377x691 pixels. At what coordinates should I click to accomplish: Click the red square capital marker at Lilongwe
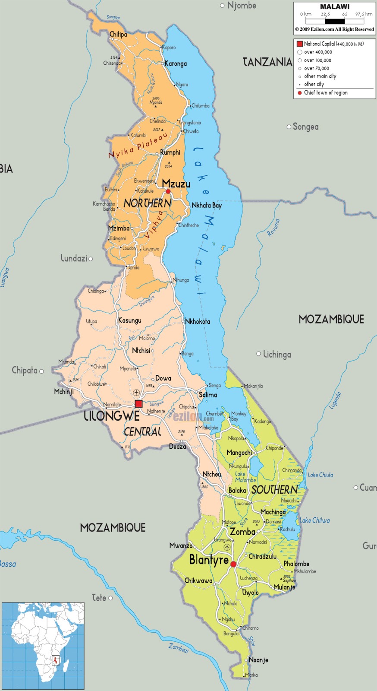click(x=138, y=404)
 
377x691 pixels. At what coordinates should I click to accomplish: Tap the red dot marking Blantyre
click(x=233, y=564)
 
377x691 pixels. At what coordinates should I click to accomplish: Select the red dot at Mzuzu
click(x=168, y=191)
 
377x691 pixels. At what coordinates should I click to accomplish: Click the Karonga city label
click(x=176, y=63)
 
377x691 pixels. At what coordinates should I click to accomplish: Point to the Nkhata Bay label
click(x=207, y=206)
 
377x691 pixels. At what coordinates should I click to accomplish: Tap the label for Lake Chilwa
click(x=315, y=520)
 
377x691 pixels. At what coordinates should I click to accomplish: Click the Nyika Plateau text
click(x=138, y=146)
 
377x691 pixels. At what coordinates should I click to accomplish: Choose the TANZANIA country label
click(x=267, y=62)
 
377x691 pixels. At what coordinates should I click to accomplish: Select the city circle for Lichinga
click(x=259, y=354)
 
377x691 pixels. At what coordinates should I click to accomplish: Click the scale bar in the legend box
click(x=335, y=21)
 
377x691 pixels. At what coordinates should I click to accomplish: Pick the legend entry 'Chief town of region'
click(x=326, y=93)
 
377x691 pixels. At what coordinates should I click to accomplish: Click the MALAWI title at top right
click(x=335, y=7)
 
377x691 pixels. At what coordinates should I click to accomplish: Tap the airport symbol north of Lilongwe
click(x=136, y=392)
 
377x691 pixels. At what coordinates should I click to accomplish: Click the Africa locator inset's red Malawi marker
click(x=55, y=660)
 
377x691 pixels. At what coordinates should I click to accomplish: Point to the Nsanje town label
click(x=258, y=660)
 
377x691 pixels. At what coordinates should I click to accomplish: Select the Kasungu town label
click(x=130, y=320)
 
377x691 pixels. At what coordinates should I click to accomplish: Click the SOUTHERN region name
click(x=275, y=489)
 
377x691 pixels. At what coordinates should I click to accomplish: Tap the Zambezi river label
click(x=179, y=648)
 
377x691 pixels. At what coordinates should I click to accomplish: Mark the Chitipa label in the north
click(x=118, y=35)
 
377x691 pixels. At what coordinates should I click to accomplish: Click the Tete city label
click(x=99, y=598)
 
